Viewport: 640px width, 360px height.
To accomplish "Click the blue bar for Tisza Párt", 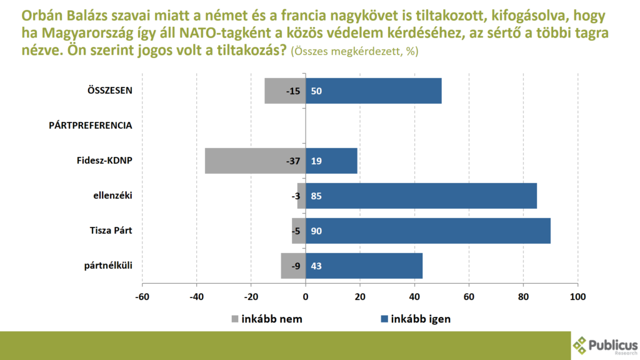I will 428,231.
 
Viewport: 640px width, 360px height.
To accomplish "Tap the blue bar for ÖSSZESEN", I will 374,91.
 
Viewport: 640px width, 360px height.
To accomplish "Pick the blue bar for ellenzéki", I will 421,196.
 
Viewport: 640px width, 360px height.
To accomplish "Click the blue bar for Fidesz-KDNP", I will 331,161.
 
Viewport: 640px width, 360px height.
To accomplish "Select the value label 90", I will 316,231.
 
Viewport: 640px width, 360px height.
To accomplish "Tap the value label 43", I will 316,266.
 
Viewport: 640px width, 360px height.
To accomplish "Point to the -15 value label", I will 292,91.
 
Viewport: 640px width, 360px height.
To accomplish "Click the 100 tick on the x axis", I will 577,296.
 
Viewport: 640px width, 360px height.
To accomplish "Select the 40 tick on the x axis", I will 414,296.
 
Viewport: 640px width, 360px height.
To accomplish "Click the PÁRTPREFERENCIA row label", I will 90,125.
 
